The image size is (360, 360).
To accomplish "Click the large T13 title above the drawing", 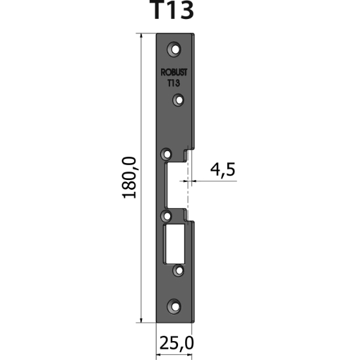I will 175,12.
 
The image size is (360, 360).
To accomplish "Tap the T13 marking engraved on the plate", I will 173,84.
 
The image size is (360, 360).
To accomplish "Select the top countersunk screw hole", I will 174,48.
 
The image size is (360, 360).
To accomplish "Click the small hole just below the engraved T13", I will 177,100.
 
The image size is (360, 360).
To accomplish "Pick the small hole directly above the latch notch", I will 166,154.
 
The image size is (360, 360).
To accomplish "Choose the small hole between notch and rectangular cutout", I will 166,215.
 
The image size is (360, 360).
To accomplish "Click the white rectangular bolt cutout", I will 175,243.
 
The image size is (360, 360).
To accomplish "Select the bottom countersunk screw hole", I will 174,305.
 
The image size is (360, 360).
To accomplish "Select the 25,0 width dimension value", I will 176,342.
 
